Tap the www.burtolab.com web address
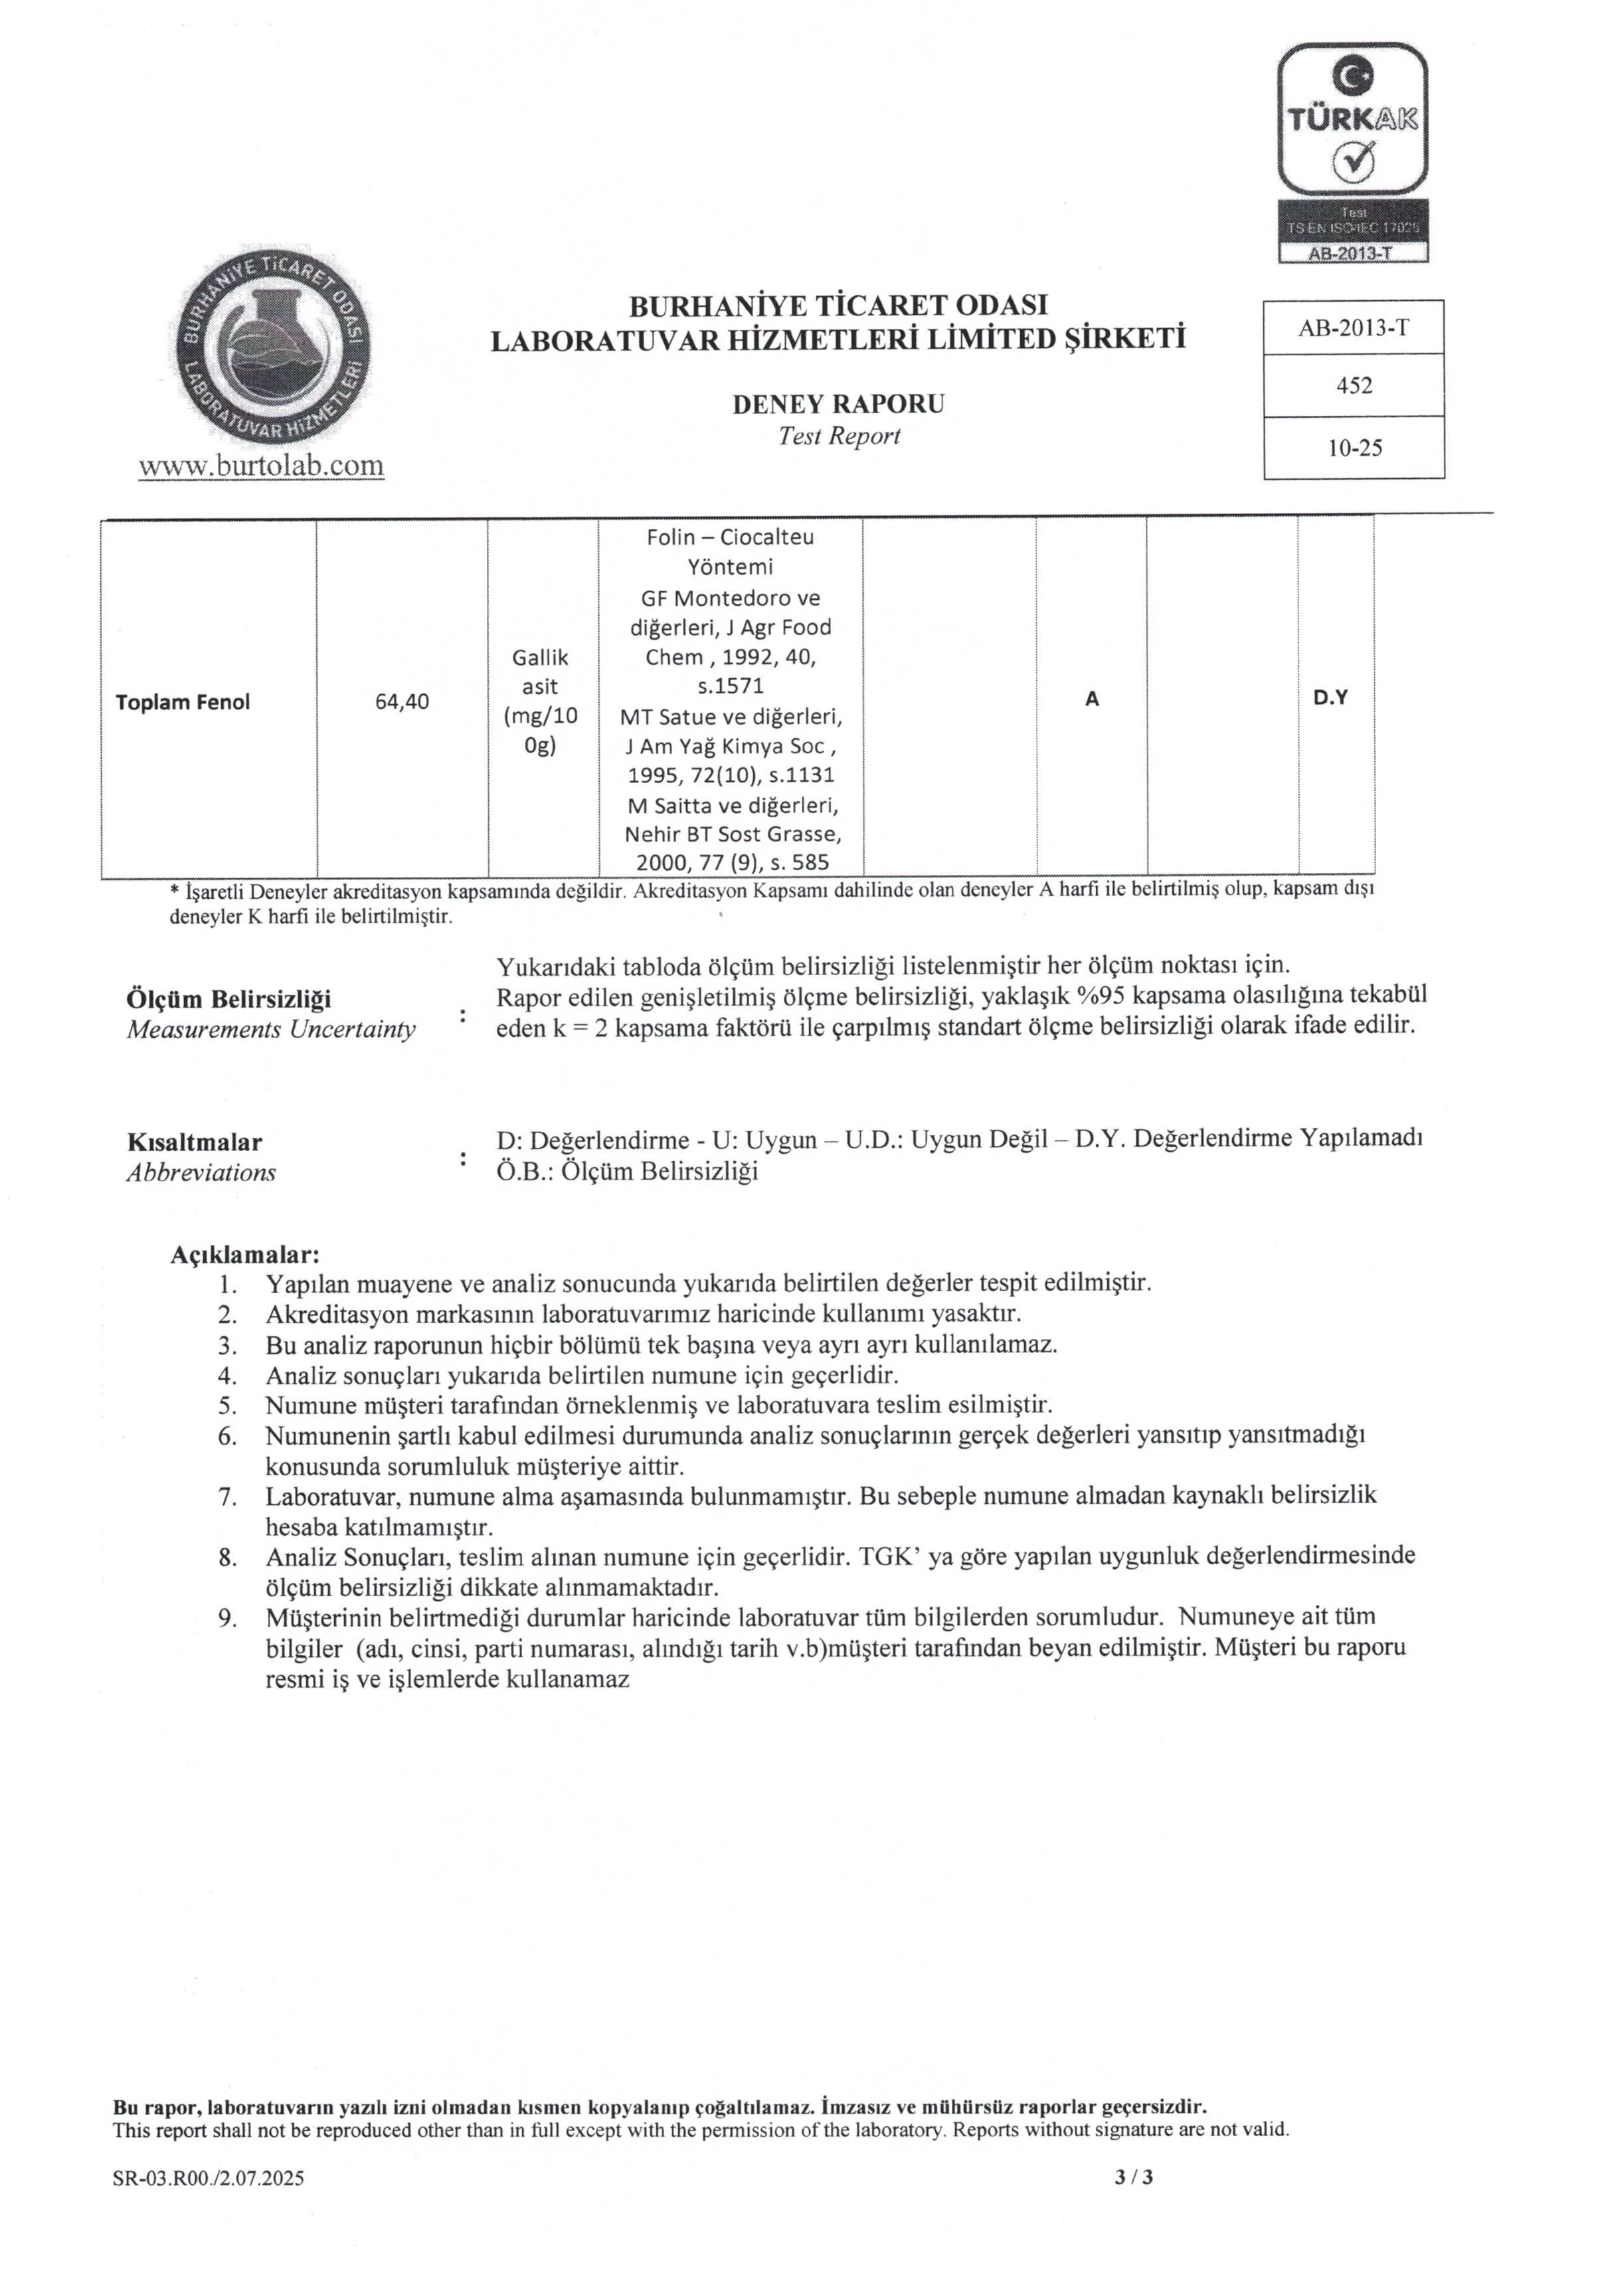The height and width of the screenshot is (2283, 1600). (x=262, y=466)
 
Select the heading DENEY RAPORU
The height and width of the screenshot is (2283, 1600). (x=838, y=404)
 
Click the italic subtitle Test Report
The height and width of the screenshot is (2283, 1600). (x=838, y=436)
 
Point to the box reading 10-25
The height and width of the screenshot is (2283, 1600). (x=1354, y=448)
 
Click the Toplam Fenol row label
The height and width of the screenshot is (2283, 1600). (x=182, y=702)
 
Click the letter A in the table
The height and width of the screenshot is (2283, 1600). (x=1091, y=699)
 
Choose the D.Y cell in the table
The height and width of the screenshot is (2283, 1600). (x=1330, y=698)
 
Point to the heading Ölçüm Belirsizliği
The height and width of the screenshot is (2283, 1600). (x=228, y=999)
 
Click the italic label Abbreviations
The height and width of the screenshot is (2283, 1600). (x=201, y=1173)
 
